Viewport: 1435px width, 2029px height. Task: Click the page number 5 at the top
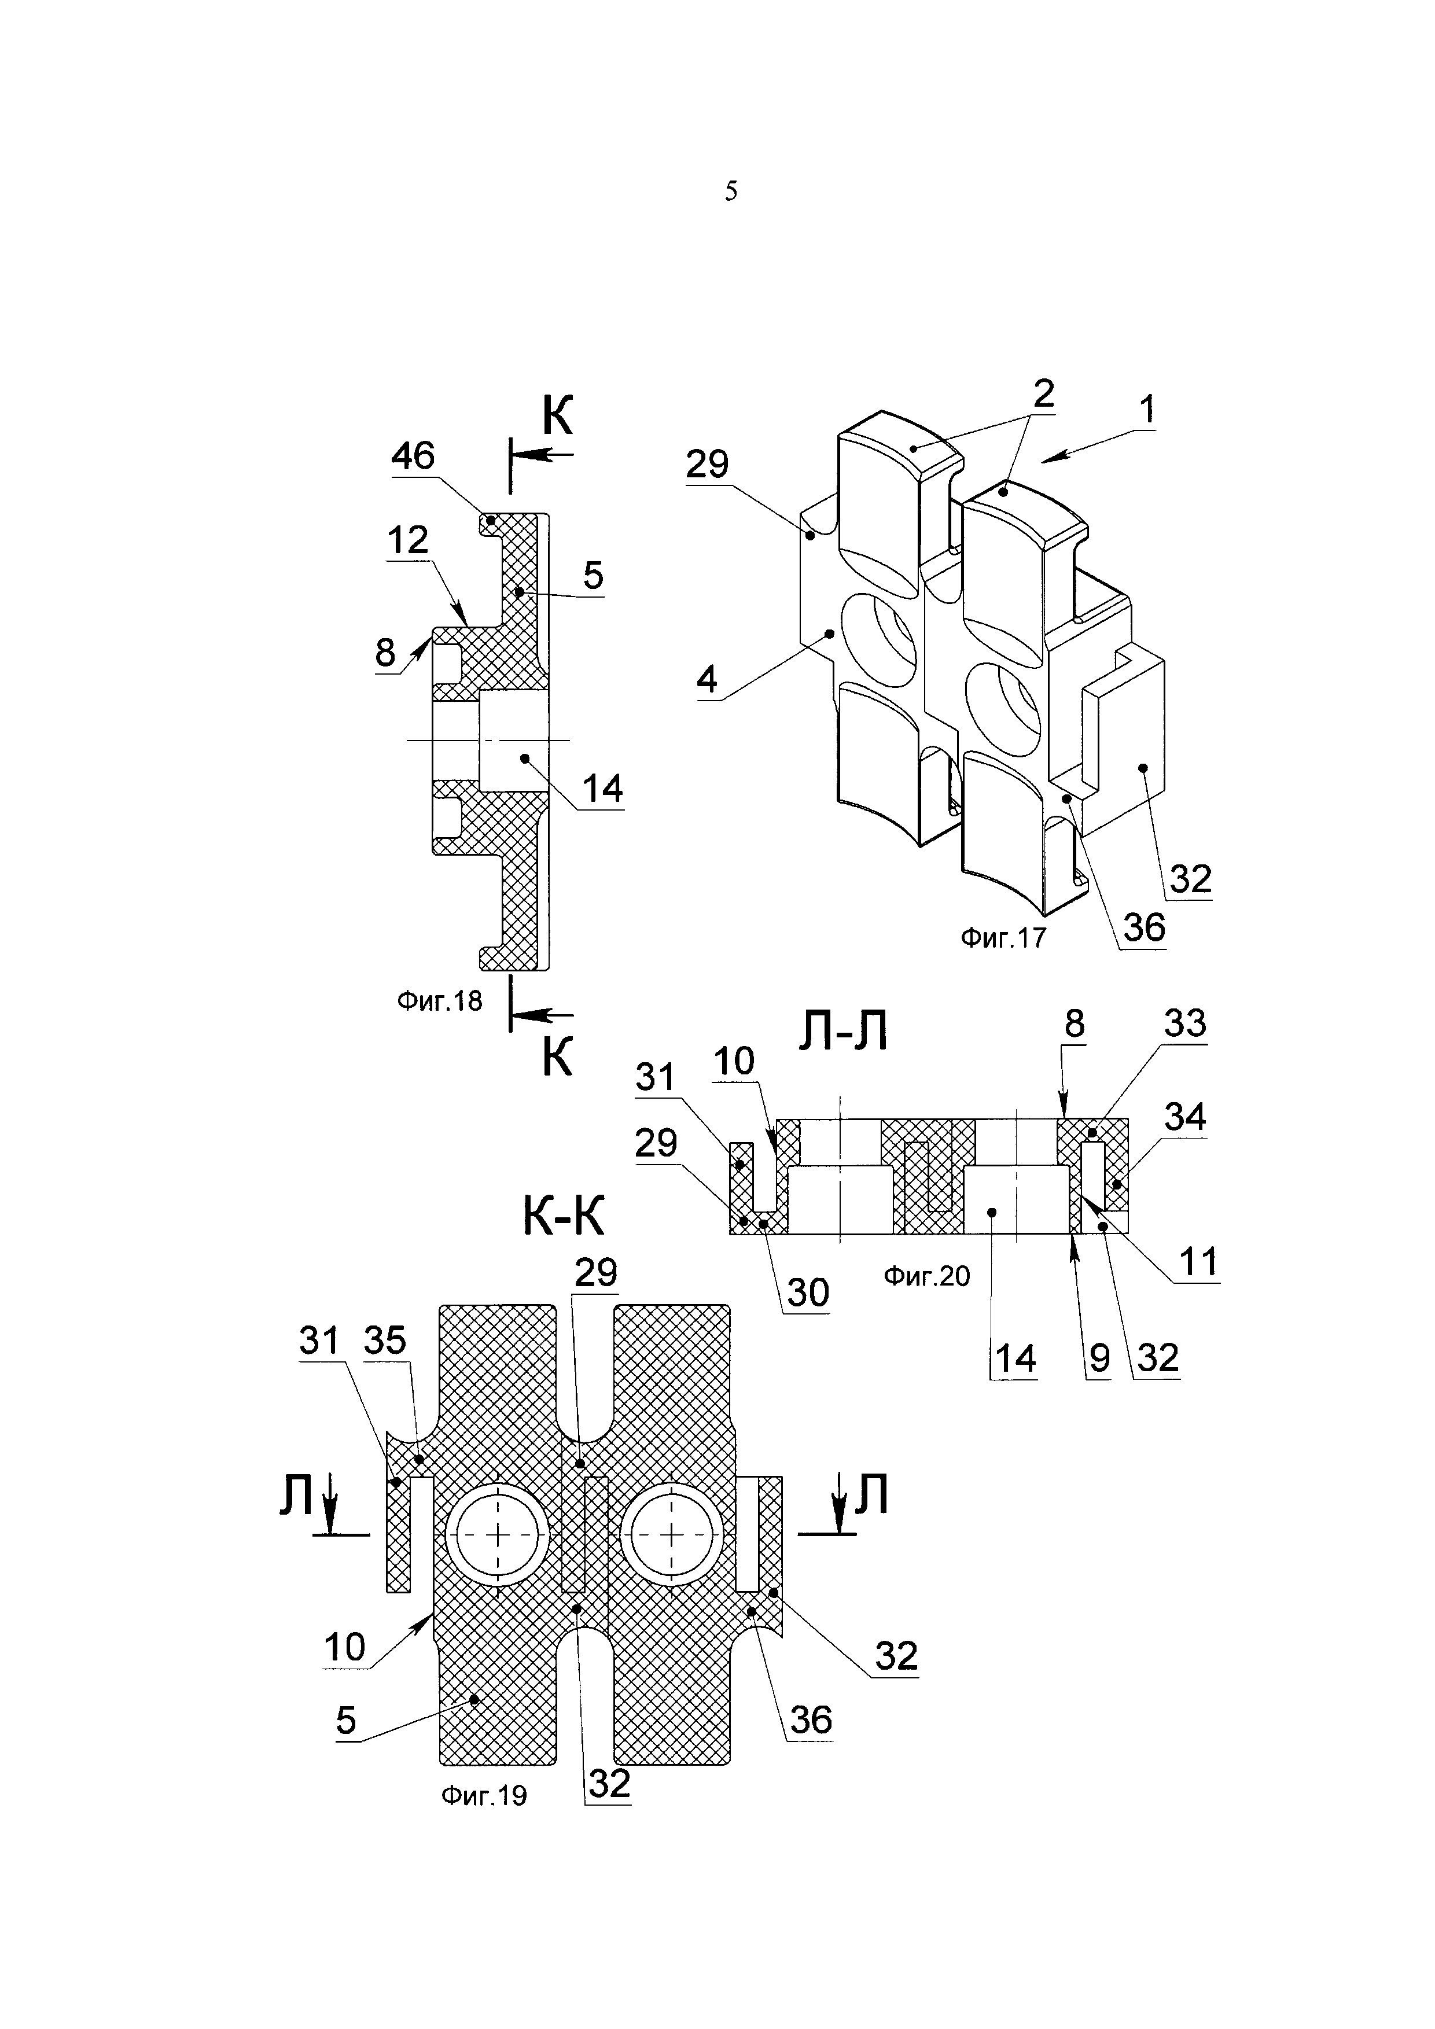tap(731, 191)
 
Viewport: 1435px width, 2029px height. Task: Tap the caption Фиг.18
tap(439, 1000)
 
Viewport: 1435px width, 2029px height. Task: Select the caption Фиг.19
tap(483, 1796)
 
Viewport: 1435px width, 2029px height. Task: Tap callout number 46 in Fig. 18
tap(413, 456)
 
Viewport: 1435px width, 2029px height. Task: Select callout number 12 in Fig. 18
tap(407, 539)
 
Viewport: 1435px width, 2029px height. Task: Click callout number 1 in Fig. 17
tap(1146, 410)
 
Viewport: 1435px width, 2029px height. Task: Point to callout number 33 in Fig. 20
tap(1185, 1023)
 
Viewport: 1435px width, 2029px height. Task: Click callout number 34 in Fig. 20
tap(1185, 1117)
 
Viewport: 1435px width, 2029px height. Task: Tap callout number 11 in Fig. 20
tap(1199, 1262)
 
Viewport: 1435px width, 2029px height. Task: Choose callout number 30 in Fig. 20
tap(808, 1293)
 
